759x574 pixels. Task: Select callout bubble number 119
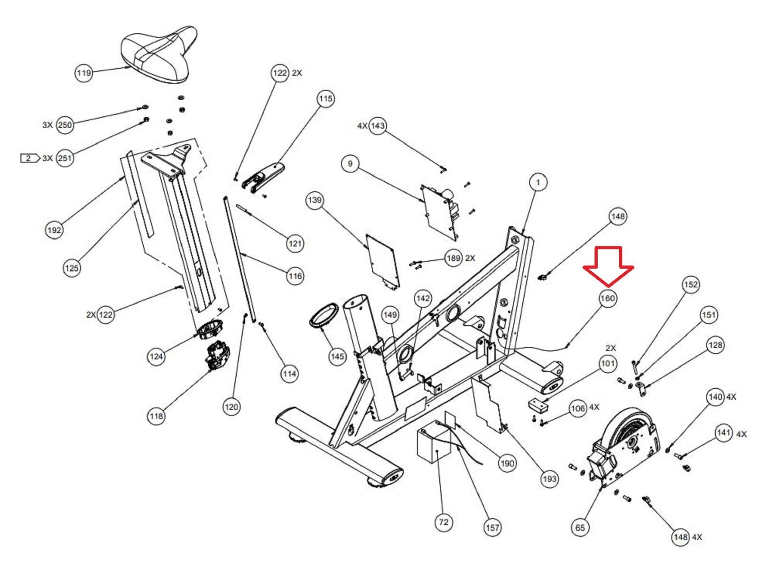pos(84,73)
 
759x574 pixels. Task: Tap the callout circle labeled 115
pos(325,99)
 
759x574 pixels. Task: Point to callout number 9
pos(350,164)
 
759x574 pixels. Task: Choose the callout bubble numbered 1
pos(538,182)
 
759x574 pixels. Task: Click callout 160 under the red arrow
pos(608,298)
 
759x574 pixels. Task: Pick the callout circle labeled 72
pos(444,522)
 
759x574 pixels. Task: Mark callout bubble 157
pos(493,527)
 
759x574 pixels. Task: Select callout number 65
pos(580,527)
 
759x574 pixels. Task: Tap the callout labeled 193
pos(549,479)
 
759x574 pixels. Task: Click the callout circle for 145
pos(337,356)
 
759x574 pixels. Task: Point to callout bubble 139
pos(315,200)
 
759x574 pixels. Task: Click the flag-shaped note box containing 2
pos(29,158)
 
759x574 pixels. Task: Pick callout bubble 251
pos(65,158)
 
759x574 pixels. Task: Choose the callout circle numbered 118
pos(156,416)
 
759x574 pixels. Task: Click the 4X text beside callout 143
pos(362,126)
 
